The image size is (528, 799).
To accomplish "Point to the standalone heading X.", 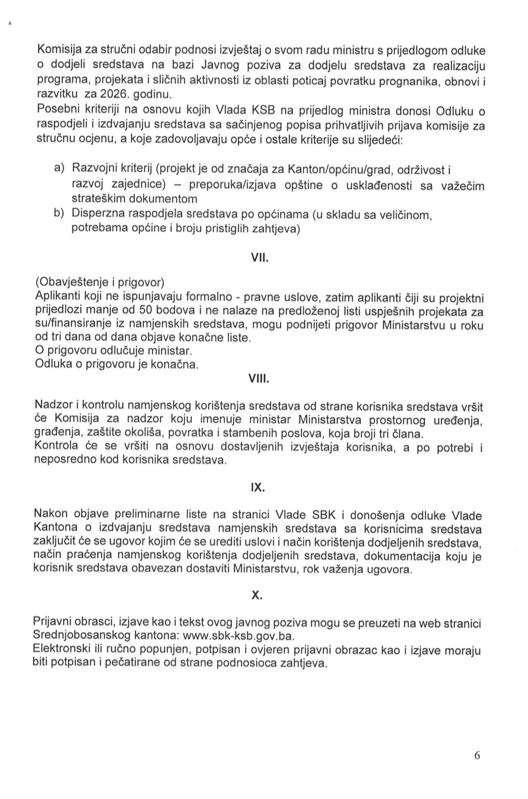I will pos(257,595).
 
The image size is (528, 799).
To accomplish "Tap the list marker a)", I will pos(60,168).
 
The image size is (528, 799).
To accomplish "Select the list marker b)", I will pos(60,213).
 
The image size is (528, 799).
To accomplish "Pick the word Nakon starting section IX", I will pos(51,514).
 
